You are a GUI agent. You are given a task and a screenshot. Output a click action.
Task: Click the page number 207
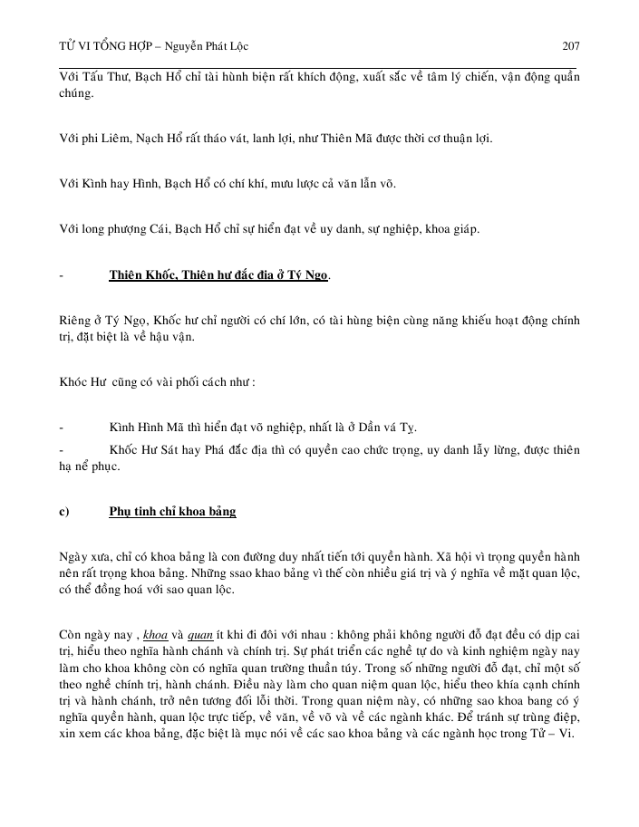[571, 45]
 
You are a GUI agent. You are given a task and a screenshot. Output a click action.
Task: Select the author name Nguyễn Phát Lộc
[209, 45]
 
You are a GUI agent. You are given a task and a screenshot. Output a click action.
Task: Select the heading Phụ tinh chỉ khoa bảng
[172, 511]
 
